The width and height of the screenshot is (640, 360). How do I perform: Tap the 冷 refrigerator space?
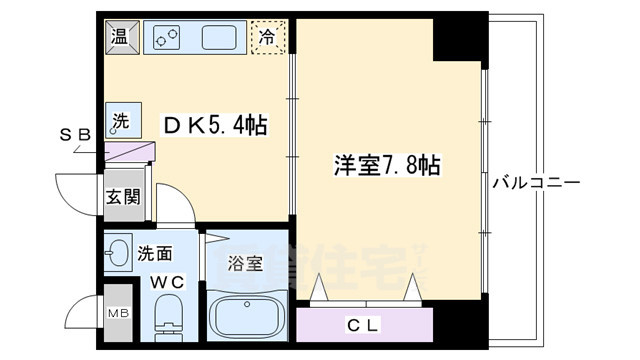pyautogui.click(x=268, y=37)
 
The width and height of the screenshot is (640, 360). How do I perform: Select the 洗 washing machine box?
pyautogui.click(x=119, y=120)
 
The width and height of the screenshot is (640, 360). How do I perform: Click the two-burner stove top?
pyautogui.click(x=167, y=38)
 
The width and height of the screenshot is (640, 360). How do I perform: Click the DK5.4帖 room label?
pyautogui.click(x=215, y=127)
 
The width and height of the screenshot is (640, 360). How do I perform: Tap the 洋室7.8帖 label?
pyautogui.click(x=387, y=165)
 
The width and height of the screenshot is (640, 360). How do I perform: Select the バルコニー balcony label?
pyautogui.click(x=536, y=184)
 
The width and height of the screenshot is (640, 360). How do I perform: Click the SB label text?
pyautogui.click(x=75, y=134)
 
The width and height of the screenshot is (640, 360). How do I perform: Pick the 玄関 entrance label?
pyautogui.click(x=123, y=195)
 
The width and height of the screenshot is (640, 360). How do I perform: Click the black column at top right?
pyautogui.click(x=460, y=38)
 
